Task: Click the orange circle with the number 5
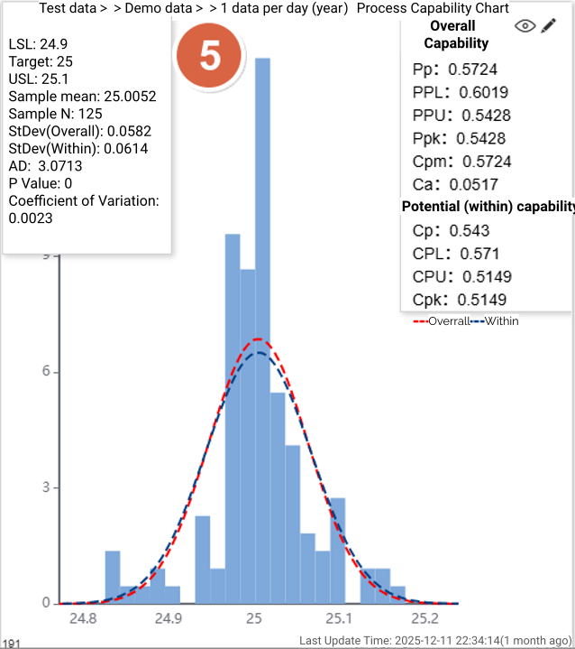(209, 56)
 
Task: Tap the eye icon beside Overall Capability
(525, 26)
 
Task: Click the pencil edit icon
(549, 26)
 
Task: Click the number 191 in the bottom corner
(12, 643)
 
